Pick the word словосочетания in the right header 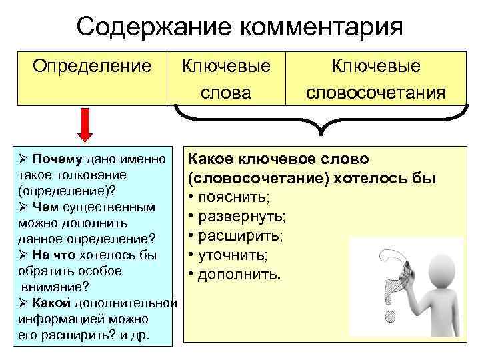click(x=376, y=92)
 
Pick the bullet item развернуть click(x=240, y=217)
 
